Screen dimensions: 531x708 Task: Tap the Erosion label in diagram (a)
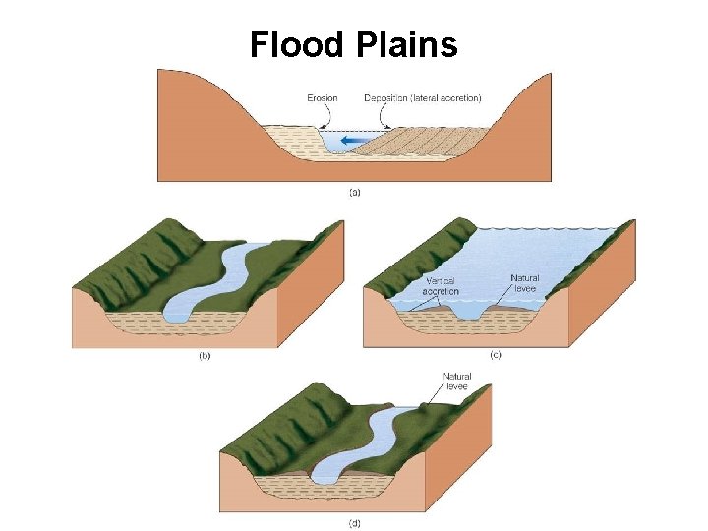[322, 97]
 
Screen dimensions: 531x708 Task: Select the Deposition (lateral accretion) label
[422, 97]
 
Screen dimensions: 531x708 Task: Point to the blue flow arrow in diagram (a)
[348, 142]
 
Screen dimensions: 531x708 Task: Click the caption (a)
[355, 192]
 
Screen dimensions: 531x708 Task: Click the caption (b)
[205, 356]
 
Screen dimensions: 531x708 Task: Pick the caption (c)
[494, 356]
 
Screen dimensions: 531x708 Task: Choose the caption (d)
[355, 521]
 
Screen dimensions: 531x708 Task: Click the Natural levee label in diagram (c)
[524, 283]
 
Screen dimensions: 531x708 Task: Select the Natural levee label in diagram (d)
[457, 382]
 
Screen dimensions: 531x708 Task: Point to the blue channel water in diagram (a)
[334, 144]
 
